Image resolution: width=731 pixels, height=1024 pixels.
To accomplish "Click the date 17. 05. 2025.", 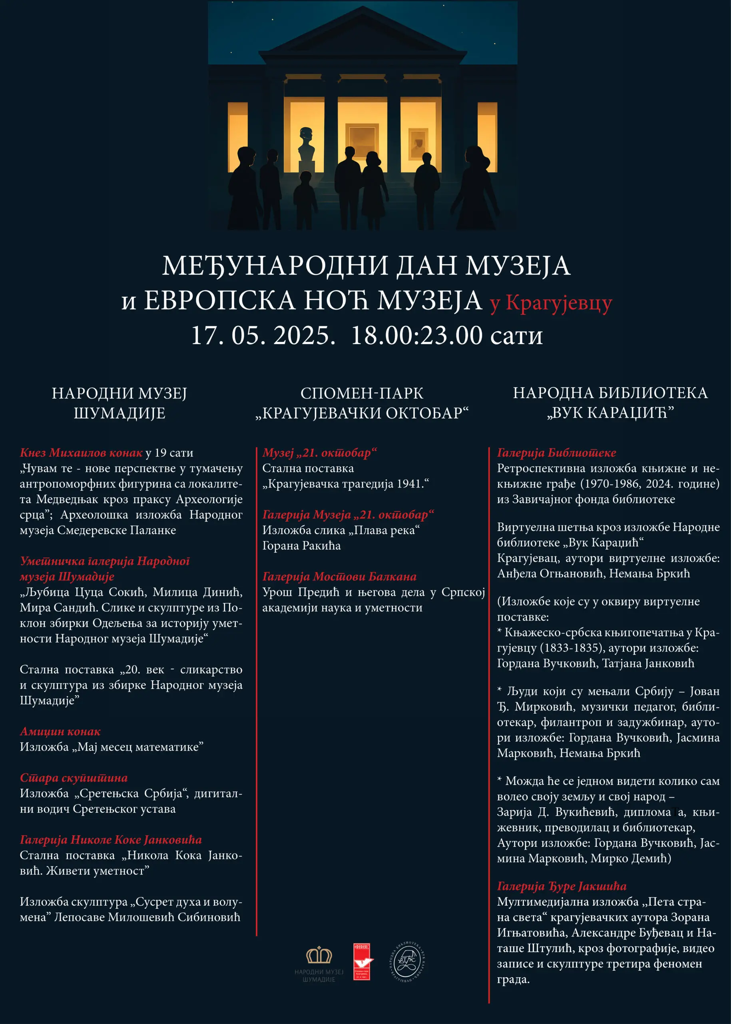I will (x=263, y=336).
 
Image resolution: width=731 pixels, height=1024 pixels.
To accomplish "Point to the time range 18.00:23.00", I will (x=416, y=336).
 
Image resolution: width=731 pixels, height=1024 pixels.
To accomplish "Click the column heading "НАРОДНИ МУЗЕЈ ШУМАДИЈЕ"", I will (x=119, y=403).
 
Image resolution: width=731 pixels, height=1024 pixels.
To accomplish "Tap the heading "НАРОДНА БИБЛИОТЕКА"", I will (x=610, y=393).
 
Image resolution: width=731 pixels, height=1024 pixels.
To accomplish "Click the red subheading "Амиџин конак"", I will (x=60, y=732).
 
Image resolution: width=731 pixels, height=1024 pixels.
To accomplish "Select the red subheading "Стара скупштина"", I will (x=74, y=778).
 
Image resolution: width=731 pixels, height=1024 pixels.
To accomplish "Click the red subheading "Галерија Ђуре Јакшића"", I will (x=561, y=886).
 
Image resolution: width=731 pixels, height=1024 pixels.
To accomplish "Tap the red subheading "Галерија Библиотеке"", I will (x=556, y=453).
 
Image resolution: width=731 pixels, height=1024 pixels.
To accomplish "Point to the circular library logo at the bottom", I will (x=407, y=962).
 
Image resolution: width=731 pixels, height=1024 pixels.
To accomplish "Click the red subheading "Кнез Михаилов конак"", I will (x=81, y=453).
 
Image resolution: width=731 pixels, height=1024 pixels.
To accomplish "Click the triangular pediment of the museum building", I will (x=363, y=40).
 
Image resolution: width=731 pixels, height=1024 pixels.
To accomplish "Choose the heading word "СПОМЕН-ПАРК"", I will (x=362, y=393).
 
